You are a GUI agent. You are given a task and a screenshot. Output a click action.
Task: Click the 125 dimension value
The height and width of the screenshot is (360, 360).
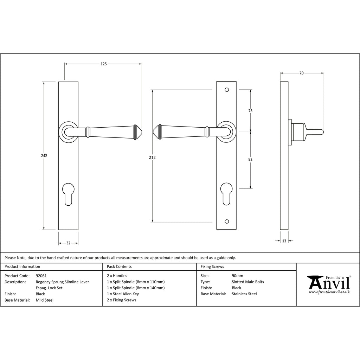pyautogui.click(x=104, y=64)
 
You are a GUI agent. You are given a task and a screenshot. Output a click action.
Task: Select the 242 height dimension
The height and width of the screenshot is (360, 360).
pyautogui.click(x=44, y=156)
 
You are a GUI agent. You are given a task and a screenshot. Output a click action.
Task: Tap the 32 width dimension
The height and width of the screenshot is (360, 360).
pyautogui.click(x=68, y=243)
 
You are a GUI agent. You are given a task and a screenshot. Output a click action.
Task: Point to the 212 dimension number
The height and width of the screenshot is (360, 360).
pyautogui.click(x=152, y=157)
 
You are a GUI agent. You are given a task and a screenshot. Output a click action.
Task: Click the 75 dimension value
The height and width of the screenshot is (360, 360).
pyautogui.click(x=250, y=111)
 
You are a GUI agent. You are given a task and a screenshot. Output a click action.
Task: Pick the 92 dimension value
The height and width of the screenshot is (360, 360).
pyautogui.click(x=250, y=159)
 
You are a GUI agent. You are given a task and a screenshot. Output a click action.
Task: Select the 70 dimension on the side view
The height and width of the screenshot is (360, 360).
pyautogui.click(x=301, y=73)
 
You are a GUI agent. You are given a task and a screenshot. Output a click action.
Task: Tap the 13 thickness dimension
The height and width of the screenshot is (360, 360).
pyautogui.click(x=284, y=241)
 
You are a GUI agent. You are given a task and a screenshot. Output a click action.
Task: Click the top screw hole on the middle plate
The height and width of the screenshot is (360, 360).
pyautogui.click(x=227, y=90)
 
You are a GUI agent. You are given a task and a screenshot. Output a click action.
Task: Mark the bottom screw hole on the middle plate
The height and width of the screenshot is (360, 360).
pyautogui.click(x=227, y=221)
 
